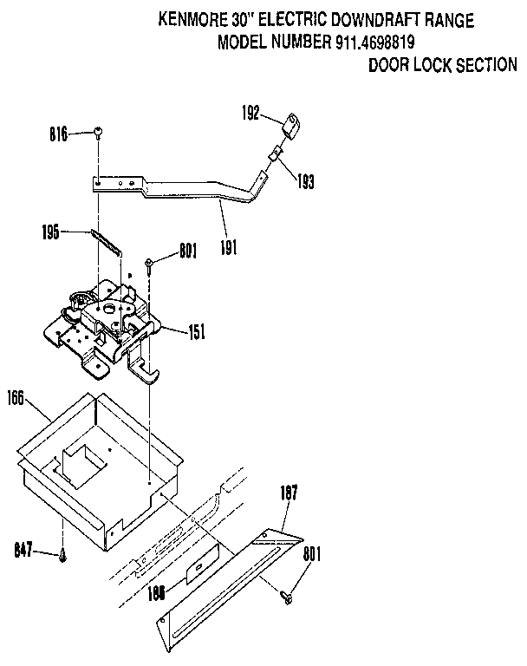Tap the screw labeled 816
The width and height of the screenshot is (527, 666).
99,133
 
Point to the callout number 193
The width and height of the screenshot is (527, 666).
304,182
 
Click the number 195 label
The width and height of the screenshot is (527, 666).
52,232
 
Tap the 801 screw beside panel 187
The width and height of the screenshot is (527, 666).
288,596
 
